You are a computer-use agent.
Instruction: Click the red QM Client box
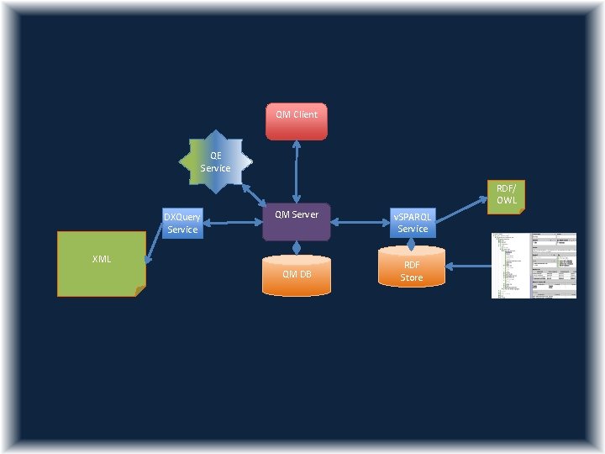click(x=296, y=121)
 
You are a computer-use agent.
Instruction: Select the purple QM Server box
click(x=296, y=221)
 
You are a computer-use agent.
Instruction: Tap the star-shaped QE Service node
click(x=215, y=161)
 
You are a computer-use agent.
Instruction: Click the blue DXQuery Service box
click(x=182, y=223)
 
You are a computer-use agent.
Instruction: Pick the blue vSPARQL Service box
click(x=412, y=223)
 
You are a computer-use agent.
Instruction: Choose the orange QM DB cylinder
click(x=296, y=275)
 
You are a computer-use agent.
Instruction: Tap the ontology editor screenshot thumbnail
click(x=534, y=265)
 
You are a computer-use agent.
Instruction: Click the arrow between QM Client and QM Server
click(x=296, y=171)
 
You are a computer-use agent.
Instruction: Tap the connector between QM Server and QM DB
click(x=296, y=247)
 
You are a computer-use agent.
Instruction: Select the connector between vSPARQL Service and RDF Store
click(x=411, y=244)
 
